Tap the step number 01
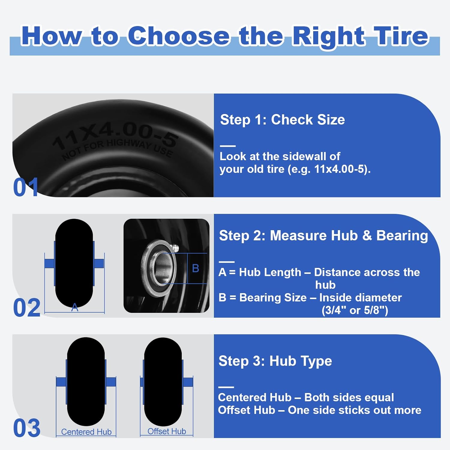coord(26,187)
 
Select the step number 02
coord(27,308)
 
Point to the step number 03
coord(27,428)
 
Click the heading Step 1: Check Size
coord(282,120)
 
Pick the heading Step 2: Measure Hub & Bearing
coord(323,235)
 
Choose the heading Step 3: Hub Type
coord(275,361)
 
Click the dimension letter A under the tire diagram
coord(75,307)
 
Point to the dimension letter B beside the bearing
coord(196,268)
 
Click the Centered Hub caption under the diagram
coord(86,432)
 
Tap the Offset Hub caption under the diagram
coord(166,431)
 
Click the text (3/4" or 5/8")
coord(355,310)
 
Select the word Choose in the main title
coord(179,36)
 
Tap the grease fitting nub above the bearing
coord(175,248)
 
